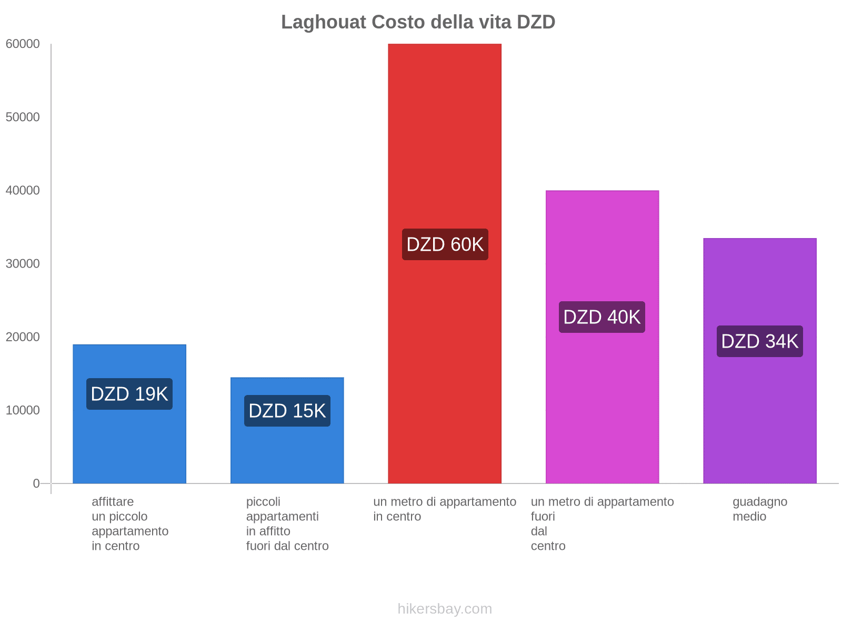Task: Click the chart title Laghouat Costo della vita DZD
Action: click(x=418, y=22)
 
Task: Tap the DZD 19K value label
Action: click(x=129, y=394)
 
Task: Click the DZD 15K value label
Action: click(x=287, y=411)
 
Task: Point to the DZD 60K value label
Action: click(x=445, y=244)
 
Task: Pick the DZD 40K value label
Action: click(x=602, y=317)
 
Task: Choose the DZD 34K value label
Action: click(x=760, y=341)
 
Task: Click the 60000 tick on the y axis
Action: click(x=23, y=44)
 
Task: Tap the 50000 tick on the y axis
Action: click(x=23, y=117)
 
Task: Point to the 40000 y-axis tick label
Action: click(x=23, y=191)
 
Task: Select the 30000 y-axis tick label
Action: click(x=23, y=264)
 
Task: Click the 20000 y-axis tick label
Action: click(x=23, y=337)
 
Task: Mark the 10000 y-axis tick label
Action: click(x=23, y=410)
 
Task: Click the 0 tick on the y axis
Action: click(x=36, y=483)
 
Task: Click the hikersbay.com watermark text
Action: click(x=445, y=609)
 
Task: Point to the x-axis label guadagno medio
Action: click(x=760, y=509)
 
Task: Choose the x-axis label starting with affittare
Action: click(x=130, y=524)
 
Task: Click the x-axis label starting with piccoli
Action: click(x=287, y=524)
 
